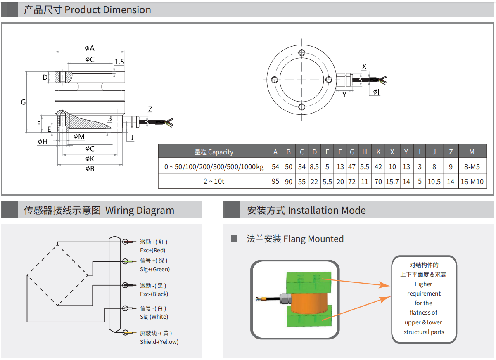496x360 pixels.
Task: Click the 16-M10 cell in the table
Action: pyautogui.click(x=472, y=182)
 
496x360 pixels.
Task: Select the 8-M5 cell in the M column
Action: pyautogui.click(x=472, y=167)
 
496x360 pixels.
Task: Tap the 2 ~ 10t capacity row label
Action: pyautogui.click(x=214, y=182)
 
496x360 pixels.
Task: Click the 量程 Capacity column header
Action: pyautogui.click(x=214, y=152)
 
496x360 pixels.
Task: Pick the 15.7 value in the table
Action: pyautogui.click(x=392, y=182)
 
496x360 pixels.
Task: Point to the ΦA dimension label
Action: pyautogui.click(x=90, y=48)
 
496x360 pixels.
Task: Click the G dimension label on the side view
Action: pyautogui.click(x=24, y=102)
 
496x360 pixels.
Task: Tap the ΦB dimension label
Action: pyautogui.click(x=90, y=168)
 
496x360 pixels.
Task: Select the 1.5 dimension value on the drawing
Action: pyautogui.click(x=119, y=62)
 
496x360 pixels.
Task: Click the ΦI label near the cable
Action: pyautogui.click(x=376, y=92)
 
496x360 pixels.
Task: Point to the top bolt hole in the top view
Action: pyautogui.click(x=302, y=52)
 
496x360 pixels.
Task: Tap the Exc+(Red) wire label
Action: pyautogui.click(x=153, y=250)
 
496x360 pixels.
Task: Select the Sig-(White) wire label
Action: pyautogui.click(x=154, y=317)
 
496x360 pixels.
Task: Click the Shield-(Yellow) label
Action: pyautogui.click(x=159, y=342)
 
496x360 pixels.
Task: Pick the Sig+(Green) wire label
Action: pyautogui.click(x=155, y=269)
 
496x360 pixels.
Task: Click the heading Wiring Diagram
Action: pyautogui.click(x=140, y=211)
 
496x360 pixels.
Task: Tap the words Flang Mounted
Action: pyautogui.click(x=313, y=239)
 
